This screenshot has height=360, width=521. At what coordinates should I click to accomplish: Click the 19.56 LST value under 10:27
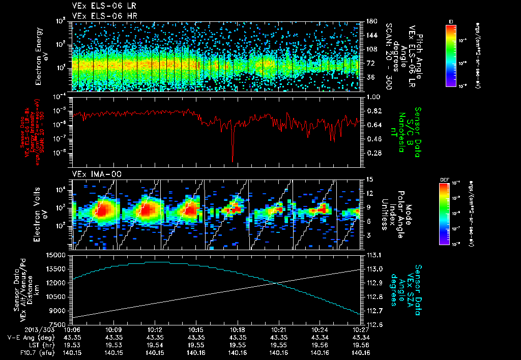(x=360, y=345)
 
